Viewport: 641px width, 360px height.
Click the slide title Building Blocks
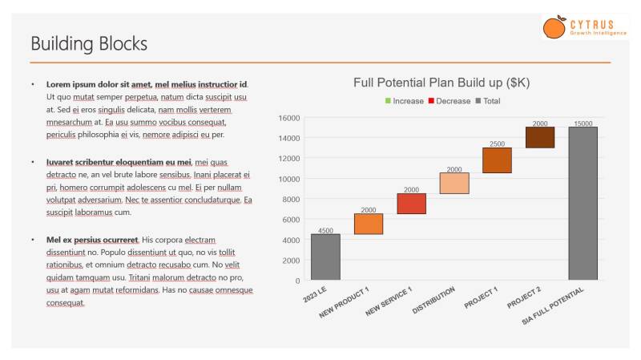point(89,43)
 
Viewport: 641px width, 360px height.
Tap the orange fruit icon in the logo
point(554,28)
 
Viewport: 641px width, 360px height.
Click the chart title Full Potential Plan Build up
point(441,83)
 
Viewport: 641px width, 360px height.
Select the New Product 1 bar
point(369,224)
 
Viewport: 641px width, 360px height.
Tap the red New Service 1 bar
point(411,204)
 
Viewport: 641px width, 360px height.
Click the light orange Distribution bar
point(454,183)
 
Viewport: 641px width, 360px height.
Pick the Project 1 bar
point(497,160)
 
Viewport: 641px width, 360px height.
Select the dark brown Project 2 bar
point(540,137)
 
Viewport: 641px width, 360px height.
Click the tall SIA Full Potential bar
point(583,204)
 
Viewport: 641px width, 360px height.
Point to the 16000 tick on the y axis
point(289,118)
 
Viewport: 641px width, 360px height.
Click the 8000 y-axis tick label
point(291,200)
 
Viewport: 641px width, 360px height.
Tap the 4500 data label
point(325,230)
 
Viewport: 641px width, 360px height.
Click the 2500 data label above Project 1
point(497,144)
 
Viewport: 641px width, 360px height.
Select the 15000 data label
point(583,123)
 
